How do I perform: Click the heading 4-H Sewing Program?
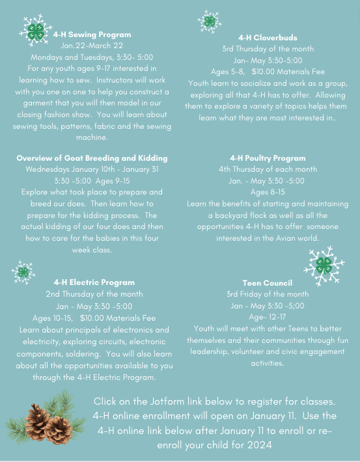[x=92, y=34]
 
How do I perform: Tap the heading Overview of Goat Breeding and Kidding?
[x=92, y=158]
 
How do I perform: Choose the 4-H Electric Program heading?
[x=94, y=282]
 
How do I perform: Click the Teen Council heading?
[x=267, y=283]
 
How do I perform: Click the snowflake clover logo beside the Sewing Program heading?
[x=36, y=29]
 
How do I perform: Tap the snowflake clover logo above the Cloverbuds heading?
[x=209, y=21]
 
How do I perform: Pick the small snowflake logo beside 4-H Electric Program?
[x=23, y=272]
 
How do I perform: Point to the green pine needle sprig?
[x=20, y=426]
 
